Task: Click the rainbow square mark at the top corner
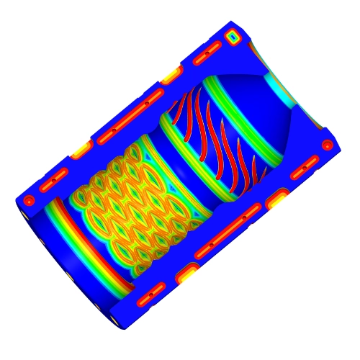point(233,34)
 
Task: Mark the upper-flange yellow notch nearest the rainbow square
point(172,73)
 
